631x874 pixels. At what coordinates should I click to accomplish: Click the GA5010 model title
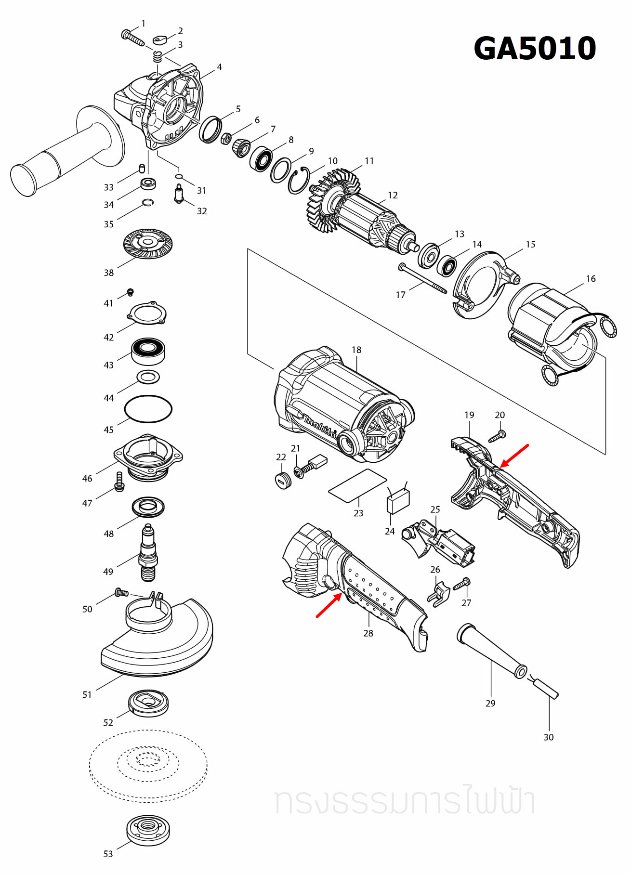(535, 48)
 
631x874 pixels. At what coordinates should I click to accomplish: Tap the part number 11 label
(369, 161)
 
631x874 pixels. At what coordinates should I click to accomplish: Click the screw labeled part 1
(132, 37)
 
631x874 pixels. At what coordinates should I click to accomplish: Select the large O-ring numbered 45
(148, 409)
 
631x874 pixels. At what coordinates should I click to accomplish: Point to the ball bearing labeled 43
(148, 351)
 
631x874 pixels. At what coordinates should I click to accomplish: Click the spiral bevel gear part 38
(148, 243)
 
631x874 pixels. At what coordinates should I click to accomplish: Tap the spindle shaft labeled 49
(148, 554)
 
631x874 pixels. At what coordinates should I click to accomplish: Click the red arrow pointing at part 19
(514, 456)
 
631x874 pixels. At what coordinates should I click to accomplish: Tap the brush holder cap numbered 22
(283, 480)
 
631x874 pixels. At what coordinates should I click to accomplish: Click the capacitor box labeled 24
(398, 502)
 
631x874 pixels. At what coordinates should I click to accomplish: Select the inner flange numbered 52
(148, 703)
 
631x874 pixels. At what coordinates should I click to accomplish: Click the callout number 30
(548, 737)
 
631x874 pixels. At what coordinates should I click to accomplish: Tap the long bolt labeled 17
(422, 279)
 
